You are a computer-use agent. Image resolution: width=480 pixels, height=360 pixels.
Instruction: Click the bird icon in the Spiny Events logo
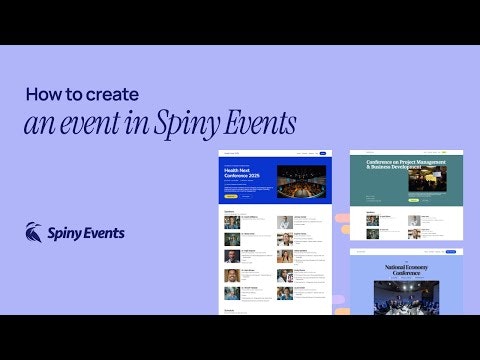tap(34, 232)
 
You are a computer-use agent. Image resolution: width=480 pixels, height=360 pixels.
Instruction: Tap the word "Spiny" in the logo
tap(69, 233)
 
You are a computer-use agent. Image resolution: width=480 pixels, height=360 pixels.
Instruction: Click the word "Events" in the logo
tap(105, 232)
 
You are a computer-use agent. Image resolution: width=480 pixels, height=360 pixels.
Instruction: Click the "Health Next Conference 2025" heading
tap(245, 173)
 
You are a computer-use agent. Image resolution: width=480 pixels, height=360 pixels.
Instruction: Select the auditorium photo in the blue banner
tap(301, 181)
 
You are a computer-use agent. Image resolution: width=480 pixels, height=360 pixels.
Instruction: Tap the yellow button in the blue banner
tap(231, 196)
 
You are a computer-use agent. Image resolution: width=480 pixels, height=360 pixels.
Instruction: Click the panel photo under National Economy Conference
tap(406, 297)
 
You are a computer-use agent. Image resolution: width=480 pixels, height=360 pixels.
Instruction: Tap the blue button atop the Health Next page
tap(323, 154)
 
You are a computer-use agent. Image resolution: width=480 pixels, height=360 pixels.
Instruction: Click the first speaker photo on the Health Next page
tap(232, 222)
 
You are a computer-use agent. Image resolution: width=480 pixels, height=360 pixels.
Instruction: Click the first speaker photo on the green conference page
tap(372, 220)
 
